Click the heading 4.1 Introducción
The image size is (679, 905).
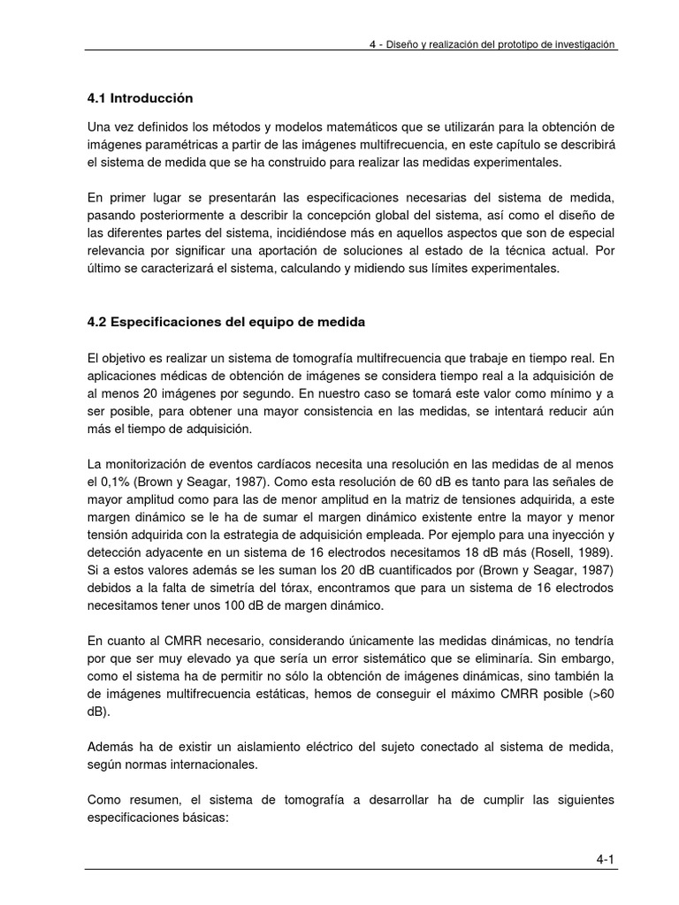[139, 97]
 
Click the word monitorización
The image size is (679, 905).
[143, 465]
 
